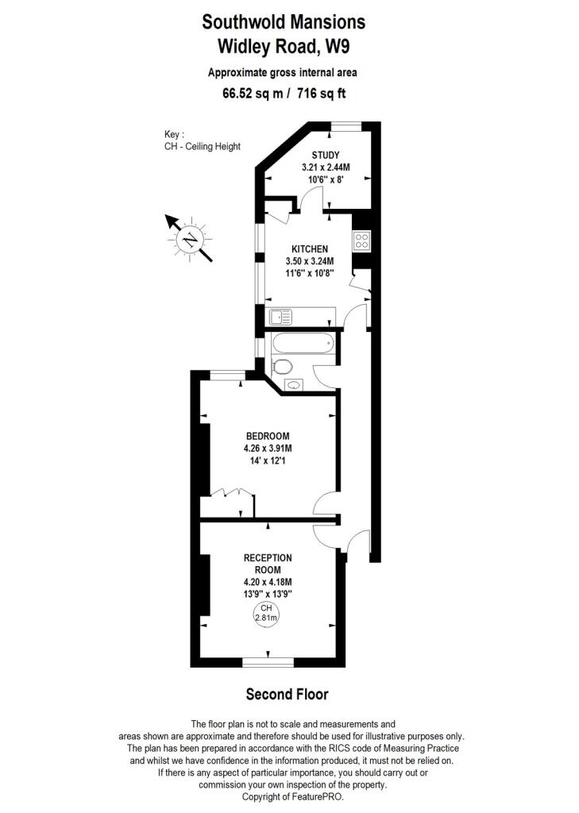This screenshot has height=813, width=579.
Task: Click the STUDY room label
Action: (326, 155)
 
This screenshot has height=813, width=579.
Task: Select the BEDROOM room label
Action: (267, 436)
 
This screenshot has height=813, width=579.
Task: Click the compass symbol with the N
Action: (190, 237)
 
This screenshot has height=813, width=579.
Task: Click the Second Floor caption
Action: (287, 694)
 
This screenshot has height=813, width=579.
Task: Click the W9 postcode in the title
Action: (334, 46)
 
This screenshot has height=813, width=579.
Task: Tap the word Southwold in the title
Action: (242, 21)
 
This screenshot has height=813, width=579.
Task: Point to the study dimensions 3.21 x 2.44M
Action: (326, 168)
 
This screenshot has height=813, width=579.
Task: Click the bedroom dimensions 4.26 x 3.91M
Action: (267, 449)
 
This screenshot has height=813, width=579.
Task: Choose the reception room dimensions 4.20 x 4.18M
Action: (268, 581)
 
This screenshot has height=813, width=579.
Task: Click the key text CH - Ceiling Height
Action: (197, 146)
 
